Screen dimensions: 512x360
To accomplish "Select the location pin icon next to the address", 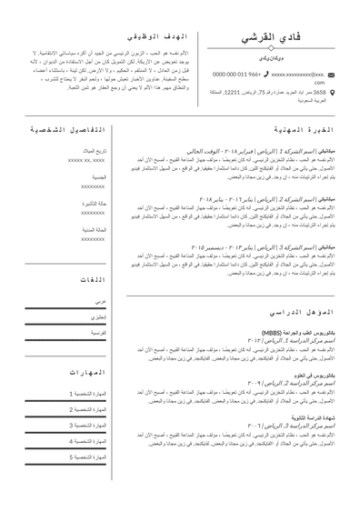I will pos(331,92).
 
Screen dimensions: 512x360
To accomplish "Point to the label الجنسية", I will pos(98,176).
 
